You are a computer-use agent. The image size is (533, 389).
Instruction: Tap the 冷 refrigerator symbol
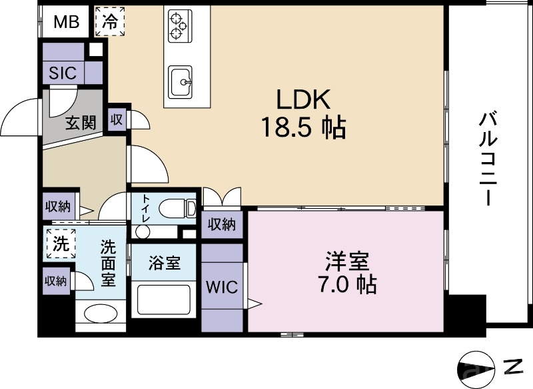point(111,21)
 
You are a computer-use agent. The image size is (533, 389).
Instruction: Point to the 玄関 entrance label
point(81,123)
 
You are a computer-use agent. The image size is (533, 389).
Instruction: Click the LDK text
point(303,100)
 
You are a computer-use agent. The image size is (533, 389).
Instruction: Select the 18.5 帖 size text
point(303,127)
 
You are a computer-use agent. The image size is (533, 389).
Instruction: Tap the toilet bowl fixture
point(175,208)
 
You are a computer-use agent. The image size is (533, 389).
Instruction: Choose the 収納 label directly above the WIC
point(221,225)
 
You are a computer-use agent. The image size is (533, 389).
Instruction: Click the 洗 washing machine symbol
point(61,244)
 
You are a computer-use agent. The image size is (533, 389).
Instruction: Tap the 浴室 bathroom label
point(164,262)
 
